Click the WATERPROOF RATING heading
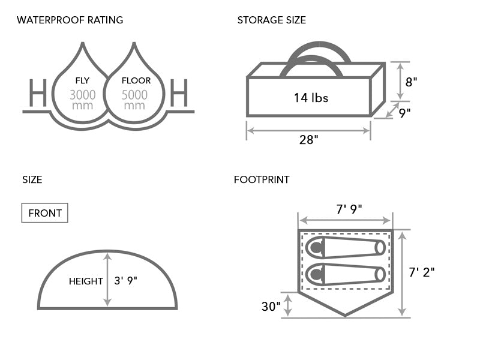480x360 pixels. pos(70,20)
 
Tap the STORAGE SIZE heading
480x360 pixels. pos(271,20)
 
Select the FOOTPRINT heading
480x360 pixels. pos(262,179)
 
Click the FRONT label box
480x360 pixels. pos(45,213)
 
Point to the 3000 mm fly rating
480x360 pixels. pos(82,100)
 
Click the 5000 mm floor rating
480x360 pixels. pos(134,100)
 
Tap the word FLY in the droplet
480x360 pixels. pos(82,80)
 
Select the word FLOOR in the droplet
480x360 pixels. pos(136,80)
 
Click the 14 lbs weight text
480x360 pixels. pos(311,98)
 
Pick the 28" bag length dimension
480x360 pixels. pos(308,140)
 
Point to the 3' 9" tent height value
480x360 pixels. pos(126,281)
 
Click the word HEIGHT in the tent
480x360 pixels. pos(86,281)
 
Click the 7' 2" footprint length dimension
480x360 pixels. pos(422,272)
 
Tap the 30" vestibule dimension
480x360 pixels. pos(271,307)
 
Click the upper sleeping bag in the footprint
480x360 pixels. pos(345,247)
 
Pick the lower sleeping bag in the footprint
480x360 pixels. pos(345,274)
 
